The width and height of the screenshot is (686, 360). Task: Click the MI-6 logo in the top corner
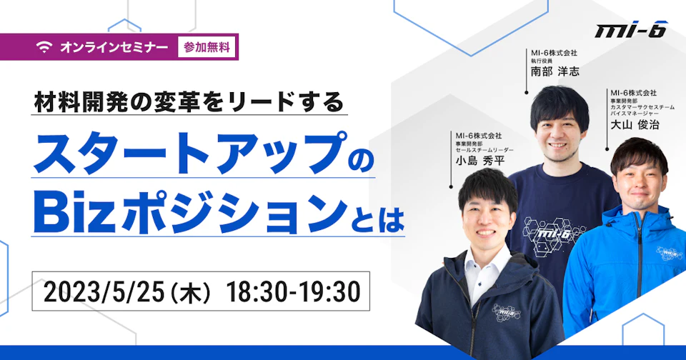click(630, 29)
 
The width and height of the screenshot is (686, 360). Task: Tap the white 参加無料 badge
click(207, 47)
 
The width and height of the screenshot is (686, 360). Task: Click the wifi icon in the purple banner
click(44, 47)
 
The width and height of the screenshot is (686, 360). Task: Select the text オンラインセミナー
click(114, 47)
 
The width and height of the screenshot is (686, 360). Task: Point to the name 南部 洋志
click(555, 71)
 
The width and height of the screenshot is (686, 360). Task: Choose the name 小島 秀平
click(480, 161)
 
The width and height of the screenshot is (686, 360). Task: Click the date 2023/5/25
click(104, 291)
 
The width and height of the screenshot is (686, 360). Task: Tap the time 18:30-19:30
click(294, 291)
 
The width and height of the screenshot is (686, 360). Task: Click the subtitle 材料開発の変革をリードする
click(189, 103)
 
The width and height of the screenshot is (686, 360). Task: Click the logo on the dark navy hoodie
click(506, 312)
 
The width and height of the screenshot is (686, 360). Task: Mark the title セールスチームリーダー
click(484, 150)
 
